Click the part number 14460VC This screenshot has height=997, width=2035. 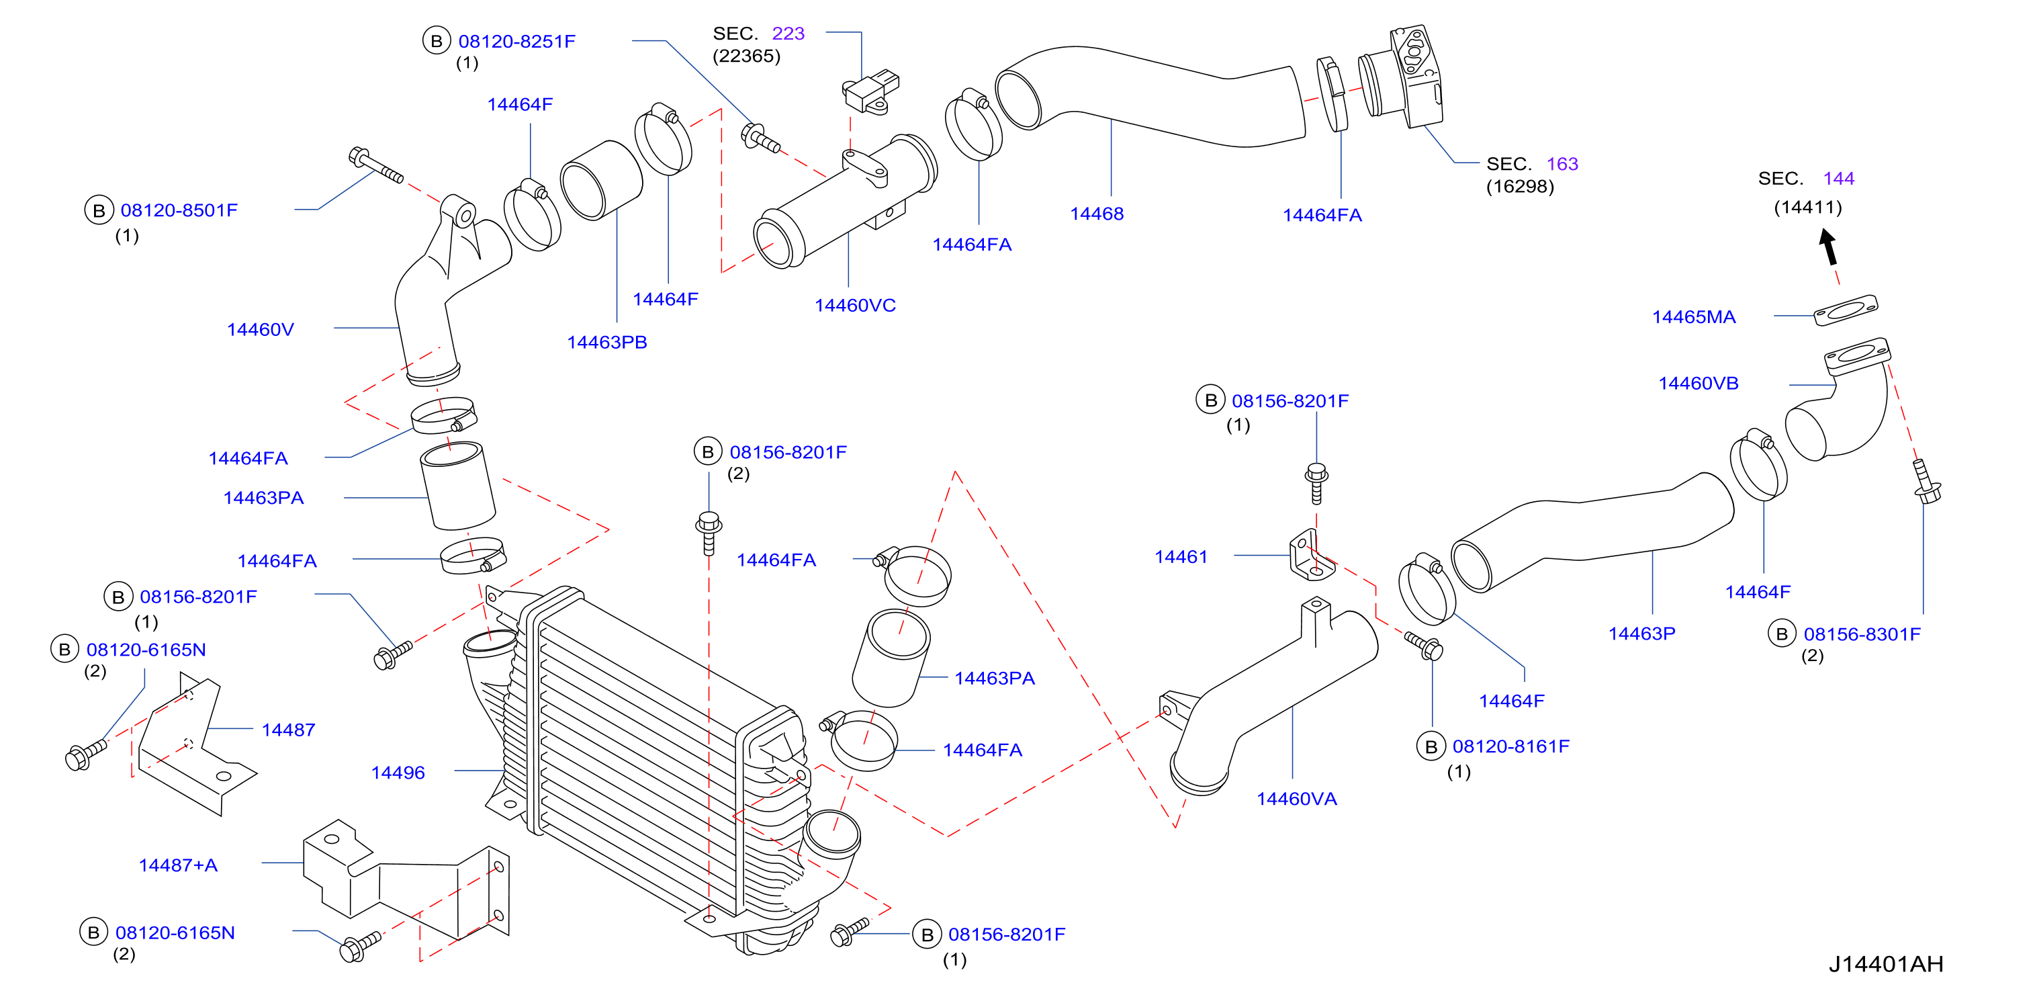pyautogui.click(x=855, y=306)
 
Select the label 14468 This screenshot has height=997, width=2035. pyautogui.click(x=1097, y=214)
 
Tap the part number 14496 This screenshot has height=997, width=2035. pyautogui.click(x=398, y=773)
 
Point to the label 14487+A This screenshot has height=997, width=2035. pyautogui.click(x=178, y=865)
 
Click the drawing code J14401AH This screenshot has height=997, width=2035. pyautogui.click(x=1886, y=965)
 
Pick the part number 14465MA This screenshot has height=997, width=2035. pyautogui.click(x=1694, y=317)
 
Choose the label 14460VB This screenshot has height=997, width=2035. pyautogui.click(x=1699, y=383)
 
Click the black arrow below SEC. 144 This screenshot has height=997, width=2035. pyautogui.click(x=1829, y=247)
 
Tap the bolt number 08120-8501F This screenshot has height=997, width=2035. pyautogui.click(x=179, y=210)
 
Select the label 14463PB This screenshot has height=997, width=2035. pyautogui.click(x=606, y=342)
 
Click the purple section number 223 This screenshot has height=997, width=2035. pyautogui.click(x=788, y=33)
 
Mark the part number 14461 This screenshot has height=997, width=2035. pyautogui.click(x=1181, y=557)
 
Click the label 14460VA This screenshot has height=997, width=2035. pyautogui.click(x=1296, y=799)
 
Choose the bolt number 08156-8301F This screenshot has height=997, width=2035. pyautogui.click(x=1862, y=634)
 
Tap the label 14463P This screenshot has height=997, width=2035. pyautogui.click(x=1641, y=634)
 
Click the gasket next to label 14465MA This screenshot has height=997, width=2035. pyautogui.click(x=1846, y=309)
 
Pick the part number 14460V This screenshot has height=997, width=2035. pyautogui.click(x=260, y=329)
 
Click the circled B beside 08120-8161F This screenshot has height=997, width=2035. pyautogui.click(x=1431, y=746)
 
